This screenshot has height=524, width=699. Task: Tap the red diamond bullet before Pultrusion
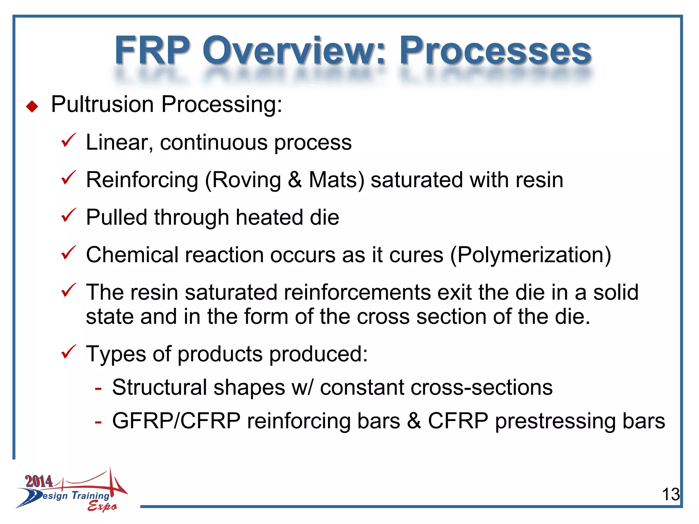32,106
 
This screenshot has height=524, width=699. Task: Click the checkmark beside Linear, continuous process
68,140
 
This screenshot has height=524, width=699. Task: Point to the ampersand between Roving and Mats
295,180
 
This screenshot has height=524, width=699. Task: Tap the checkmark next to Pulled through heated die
68,215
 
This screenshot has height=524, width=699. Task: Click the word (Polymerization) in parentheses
531,255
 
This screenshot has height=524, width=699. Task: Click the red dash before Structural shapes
98,388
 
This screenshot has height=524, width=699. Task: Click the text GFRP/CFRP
176,421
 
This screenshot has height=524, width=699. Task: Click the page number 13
670,494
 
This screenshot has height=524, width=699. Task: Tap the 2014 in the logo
39,481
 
